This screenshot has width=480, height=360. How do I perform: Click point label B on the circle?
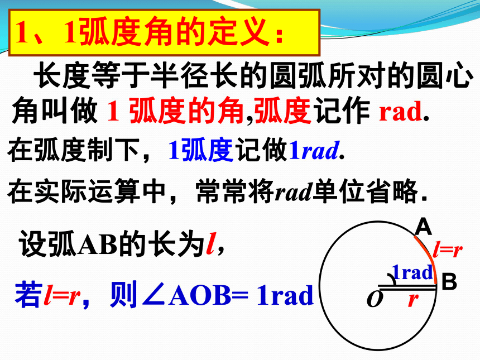coord(449,282)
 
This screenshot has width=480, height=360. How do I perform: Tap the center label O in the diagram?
coord(375,299)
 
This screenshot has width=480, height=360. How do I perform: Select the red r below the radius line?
coord(413,300)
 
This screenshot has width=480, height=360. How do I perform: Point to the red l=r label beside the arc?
coord(447,250)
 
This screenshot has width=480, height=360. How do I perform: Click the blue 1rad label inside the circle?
coord(412,272)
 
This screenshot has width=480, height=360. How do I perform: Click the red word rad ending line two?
coord(401,112)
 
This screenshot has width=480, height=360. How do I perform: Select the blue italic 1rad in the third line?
coord(314,150)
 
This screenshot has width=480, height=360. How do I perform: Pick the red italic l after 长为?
coord(211,244)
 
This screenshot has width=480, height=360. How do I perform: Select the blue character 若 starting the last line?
coord(28,295)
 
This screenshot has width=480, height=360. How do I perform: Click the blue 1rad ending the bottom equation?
coord(285,295)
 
